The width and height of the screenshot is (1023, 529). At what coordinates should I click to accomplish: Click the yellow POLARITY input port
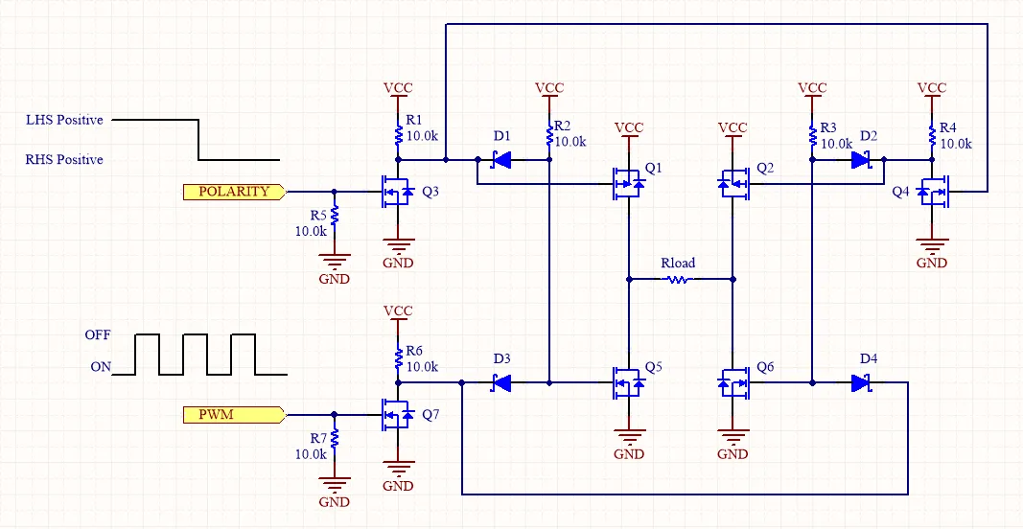pos(233,192)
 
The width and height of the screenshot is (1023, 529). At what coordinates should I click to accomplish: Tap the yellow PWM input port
pos(233,415)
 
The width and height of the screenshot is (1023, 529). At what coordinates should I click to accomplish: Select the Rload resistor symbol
pos(679,280)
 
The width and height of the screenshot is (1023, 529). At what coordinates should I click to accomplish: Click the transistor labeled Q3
pos(395,192)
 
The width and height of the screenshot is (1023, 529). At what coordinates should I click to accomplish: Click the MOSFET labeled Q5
pos(628,383)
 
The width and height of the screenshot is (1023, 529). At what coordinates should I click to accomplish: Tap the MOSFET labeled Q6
pos(733,383)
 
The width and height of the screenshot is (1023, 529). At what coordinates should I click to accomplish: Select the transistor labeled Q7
pos(395,415)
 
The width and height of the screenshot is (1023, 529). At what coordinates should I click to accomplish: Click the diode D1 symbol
pos(500,159)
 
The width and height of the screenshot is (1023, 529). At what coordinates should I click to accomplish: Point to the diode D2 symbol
pos(861,159)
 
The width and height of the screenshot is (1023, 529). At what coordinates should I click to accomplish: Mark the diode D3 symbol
pos(500,383)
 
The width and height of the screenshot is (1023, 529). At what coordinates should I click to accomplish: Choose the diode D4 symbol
pos(861,383)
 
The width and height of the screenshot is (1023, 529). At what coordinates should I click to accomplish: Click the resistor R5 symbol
pos(334,214)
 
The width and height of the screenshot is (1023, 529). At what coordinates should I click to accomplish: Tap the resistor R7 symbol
pos(334,437)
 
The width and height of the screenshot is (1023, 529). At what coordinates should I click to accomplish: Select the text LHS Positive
pos(64,121)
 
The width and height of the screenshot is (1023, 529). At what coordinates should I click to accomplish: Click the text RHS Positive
pos(64,159)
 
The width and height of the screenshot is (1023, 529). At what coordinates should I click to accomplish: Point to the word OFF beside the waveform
pos(98,335)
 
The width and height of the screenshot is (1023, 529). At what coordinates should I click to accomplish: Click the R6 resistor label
pos(414,351)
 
